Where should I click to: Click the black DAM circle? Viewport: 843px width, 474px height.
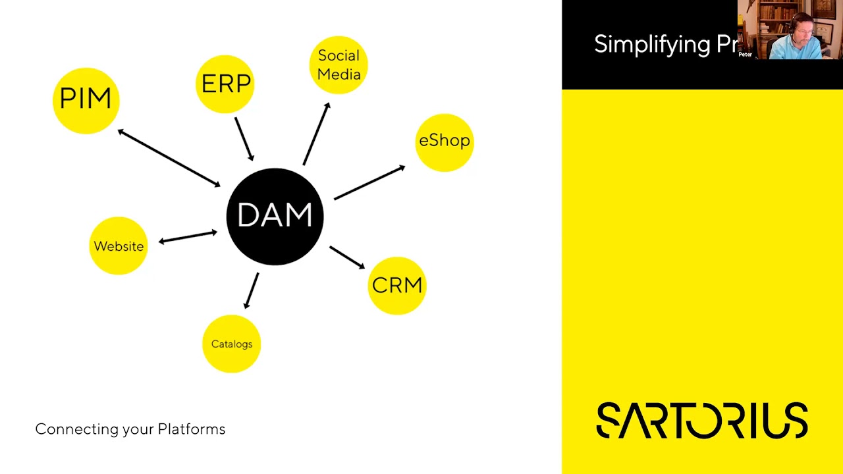[275, 216]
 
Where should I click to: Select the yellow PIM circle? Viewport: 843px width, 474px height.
[86, 100]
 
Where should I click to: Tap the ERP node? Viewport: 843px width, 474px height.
[225, 84]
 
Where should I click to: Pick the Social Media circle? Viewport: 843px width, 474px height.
[339, 65]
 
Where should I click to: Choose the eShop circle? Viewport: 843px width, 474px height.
[445, 142]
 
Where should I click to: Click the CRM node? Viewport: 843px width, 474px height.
[397, 286]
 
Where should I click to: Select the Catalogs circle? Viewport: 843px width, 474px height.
[232, 344]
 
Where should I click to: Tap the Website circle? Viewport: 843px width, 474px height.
[119, 246]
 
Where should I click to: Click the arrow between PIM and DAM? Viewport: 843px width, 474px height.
[169, 158]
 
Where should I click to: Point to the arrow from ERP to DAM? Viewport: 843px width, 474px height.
[244, 138]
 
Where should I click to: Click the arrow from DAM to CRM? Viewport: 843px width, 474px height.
[347, 257]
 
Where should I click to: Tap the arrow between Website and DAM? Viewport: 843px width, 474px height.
[188, 236]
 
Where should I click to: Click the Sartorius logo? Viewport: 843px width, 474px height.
[702, 420]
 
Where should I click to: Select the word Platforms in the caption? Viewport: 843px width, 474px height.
[192, 429]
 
